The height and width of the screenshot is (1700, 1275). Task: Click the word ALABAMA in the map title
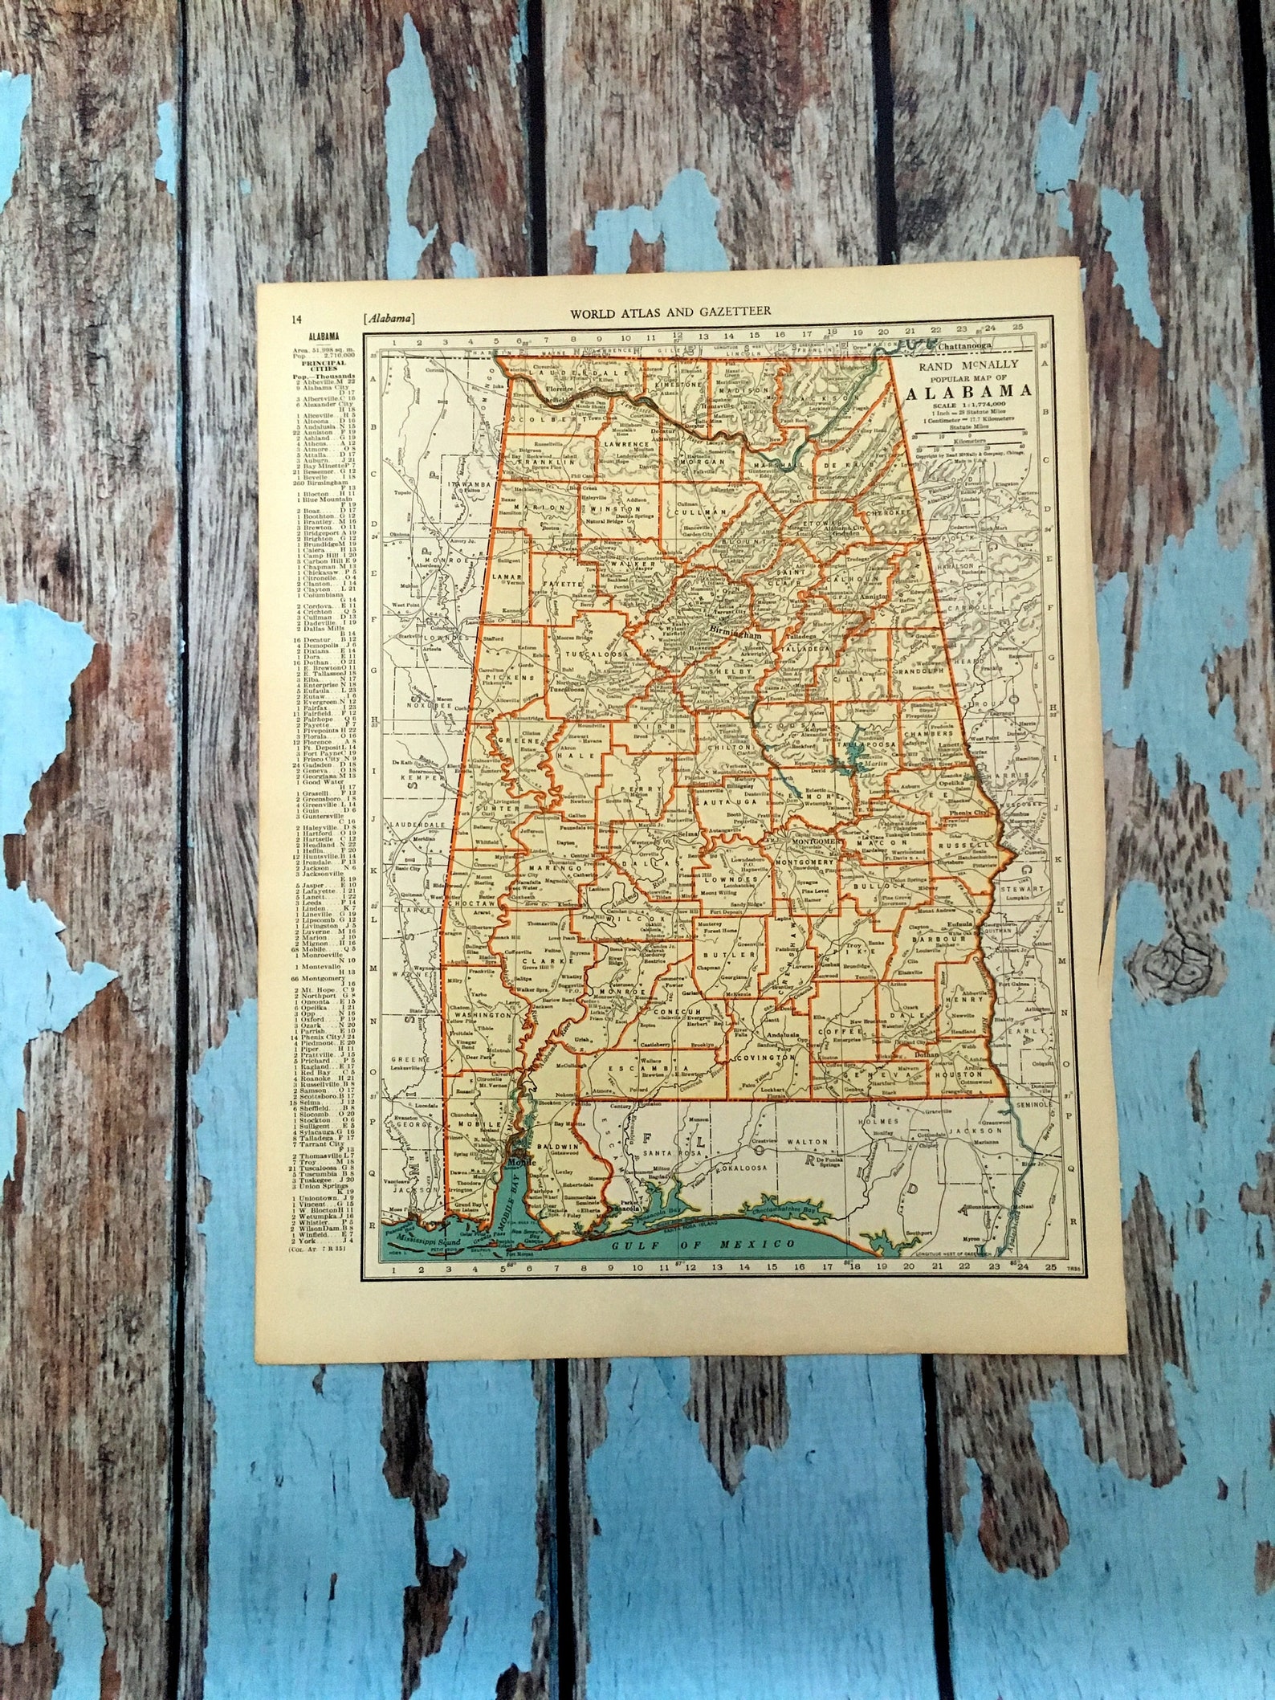[969, 392]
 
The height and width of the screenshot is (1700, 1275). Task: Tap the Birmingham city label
[734, 634]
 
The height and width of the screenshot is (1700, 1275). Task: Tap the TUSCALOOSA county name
[597, 654]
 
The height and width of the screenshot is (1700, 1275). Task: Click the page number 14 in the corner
[297, 318]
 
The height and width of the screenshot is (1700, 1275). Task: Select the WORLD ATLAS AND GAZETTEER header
[670, 311]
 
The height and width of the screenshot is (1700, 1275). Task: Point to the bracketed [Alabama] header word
[389, 318]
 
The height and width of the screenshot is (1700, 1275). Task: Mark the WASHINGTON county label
[483, 1015]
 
